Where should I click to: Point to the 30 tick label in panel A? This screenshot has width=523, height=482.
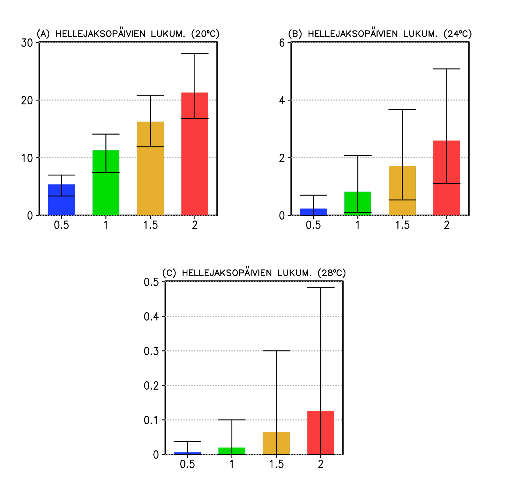point(27,43)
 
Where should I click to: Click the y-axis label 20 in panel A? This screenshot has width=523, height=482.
point(27,101)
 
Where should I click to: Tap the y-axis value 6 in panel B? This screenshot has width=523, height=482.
point(282,43)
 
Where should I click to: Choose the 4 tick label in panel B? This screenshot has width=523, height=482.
point(282,101)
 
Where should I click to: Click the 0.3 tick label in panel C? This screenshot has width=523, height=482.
point(151,351)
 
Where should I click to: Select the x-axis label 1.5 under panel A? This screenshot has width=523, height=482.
point(150,225)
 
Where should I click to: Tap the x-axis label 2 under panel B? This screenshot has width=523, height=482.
point(446,225)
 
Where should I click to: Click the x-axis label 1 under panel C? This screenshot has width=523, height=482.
point(232,464)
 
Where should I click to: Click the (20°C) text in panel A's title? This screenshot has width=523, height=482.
point(205,34)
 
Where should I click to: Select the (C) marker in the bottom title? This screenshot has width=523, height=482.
point(169,273)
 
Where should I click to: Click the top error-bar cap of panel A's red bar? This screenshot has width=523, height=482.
point(194,54)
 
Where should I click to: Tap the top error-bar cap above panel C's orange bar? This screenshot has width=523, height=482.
point(276,351)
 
